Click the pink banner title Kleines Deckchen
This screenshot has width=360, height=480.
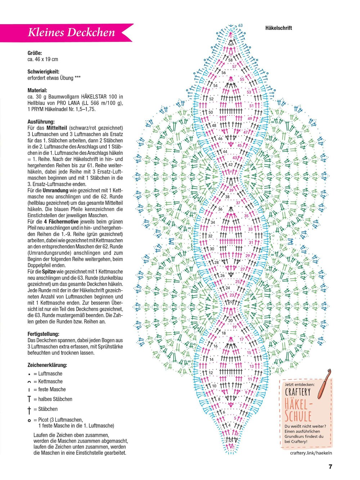(71, 32)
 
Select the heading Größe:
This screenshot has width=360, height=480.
(35, 53)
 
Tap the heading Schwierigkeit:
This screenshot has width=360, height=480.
(44, 72)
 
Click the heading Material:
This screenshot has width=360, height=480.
(37, 90)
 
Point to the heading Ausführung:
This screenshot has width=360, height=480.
(41, 122)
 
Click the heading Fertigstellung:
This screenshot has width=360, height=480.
(44, 334)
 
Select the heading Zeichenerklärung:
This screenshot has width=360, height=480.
(47, 365)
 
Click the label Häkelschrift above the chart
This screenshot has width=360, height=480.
(279, 28)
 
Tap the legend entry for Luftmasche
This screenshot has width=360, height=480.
(48, 374)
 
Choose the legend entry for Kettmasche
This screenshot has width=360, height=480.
(48, 381)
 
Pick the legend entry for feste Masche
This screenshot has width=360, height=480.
(49, 389)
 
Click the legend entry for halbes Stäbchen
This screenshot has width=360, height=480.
(53, 399)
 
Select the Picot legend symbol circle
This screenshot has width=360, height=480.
(29, 420)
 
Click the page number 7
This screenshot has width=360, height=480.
(330, 467)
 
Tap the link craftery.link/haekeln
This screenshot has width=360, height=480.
(311, 453)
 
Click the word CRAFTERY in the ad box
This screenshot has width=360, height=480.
(298, 392)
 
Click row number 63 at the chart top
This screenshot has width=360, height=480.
(240, 26)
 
